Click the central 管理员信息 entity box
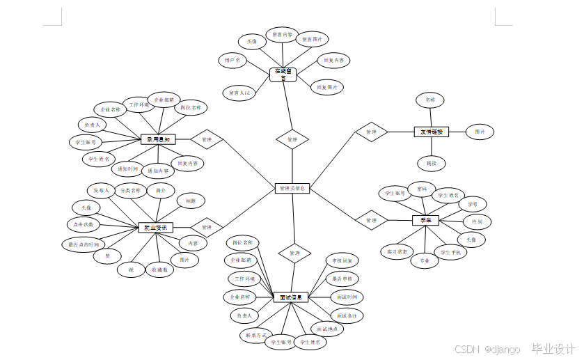pos(292,188)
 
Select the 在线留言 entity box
pos(283,75)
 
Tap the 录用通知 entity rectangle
pos(159,139)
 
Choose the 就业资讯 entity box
pos(155,227)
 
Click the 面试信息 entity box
pos(290,297)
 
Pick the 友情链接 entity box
pos(432,131)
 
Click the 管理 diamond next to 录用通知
pos(206,139)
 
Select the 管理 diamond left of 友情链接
pos(371,131)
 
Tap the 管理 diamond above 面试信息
pos(294,253)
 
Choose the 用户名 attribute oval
pos(232,61)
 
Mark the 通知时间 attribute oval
pos(127,168)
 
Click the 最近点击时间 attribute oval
pos(84,244)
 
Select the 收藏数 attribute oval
pos(159,270)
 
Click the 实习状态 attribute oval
pos(397,251)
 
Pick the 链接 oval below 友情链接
pos(431,164)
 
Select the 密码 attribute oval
pos(422,189)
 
